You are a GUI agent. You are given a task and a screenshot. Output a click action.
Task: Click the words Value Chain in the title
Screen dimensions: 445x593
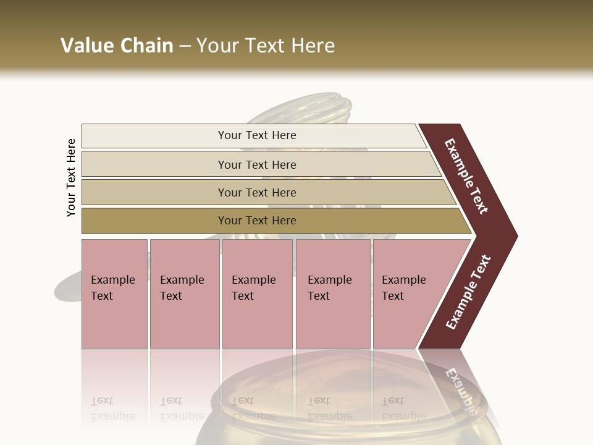coord(117,46)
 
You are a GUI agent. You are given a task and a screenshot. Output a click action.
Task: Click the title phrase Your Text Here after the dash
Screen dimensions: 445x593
coord(266,46)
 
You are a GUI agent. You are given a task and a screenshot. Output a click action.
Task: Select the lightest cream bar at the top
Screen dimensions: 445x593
coord(154,135)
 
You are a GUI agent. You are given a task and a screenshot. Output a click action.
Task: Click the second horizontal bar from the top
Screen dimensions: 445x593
coord(154,164)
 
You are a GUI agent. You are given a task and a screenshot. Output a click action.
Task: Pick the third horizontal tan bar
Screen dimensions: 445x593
coord(154,192)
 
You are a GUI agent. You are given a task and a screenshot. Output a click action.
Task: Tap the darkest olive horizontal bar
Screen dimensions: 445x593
coord(154,221)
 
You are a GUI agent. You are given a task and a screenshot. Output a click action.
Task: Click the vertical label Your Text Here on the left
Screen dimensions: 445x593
coord(71,177)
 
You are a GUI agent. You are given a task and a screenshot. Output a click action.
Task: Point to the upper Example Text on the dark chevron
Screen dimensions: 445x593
coord(466,176)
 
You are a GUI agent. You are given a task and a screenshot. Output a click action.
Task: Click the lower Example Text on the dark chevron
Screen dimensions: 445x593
coord(468,292)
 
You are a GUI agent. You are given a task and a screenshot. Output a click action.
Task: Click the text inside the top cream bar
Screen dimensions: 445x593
coord(257,135)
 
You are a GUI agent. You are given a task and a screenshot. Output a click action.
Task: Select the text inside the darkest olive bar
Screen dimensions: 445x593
coord(257,221)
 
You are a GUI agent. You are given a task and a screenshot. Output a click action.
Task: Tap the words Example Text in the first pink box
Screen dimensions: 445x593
coord(112,288)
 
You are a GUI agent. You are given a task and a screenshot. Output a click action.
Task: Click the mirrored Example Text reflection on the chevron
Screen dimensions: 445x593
coord(460,386)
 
